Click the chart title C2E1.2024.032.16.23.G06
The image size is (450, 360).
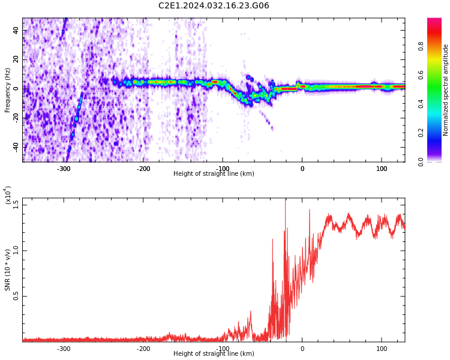click(214, 6)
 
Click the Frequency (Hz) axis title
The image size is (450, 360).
click(7, 90)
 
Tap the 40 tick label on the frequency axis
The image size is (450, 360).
click(16, 30)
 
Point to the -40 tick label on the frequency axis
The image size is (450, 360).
click(16, 148)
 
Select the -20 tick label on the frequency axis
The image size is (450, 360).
click(16, 118)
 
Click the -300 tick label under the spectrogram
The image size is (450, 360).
click(64, 169)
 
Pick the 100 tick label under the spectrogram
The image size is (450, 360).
click(382, 169)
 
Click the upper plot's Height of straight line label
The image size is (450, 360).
click(214, 173)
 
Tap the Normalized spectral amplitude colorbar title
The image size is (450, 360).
click(445, 90)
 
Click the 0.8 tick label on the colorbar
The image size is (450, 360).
click(421, 46)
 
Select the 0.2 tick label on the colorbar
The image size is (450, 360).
click(421, 133)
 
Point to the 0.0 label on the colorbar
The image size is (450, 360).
click(421, 162)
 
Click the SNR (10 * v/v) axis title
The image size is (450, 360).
click(7, 270)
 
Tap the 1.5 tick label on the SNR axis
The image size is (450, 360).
click(16, 205)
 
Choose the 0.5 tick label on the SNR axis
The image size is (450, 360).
click(16, 296)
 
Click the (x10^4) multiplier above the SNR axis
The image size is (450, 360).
click(8, 195)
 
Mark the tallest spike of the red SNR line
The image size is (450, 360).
click(285, 199)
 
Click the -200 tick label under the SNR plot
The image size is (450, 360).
click(143, 349)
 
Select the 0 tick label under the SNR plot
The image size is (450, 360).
click(302, 349)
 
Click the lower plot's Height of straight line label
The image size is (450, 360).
click(214, 353)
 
